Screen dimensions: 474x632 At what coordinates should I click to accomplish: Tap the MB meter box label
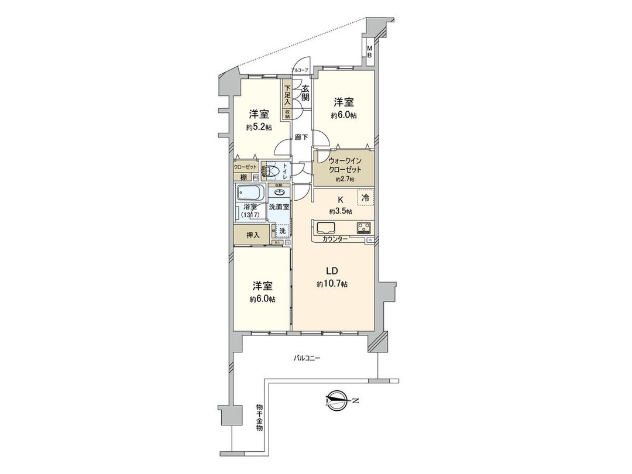369,51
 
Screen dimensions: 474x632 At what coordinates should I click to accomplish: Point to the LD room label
332,271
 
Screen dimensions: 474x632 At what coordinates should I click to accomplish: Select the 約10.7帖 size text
332,284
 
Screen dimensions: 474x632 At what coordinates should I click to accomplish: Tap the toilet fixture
270,171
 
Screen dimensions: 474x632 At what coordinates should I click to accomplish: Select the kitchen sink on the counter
325,228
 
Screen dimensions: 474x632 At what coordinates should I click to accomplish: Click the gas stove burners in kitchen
363,228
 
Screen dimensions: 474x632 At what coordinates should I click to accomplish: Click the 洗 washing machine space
282,231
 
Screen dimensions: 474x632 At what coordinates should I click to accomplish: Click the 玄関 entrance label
305,94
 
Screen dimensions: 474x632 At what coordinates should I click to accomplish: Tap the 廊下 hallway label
302,138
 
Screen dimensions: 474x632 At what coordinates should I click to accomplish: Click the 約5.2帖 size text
258,127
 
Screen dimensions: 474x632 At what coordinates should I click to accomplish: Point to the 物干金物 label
259,417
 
